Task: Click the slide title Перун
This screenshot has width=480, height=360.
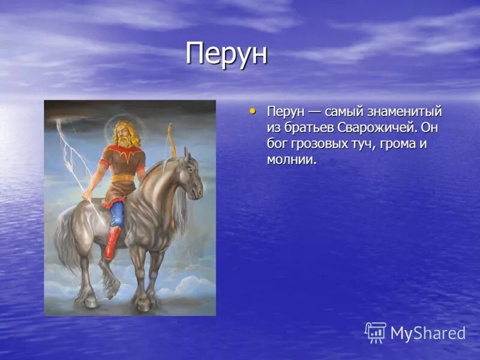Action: pyautogui.click(x=226, y=55)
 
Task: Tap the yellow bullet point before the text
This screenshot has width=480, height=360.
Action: pyautogui.click(x=252, y=111)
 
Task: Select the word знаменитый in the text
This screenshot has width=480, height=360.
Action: pyautogui.click(x=405, y=112)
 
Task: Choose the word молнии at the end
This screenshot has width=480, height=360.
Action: pyautogui.click(x=291, y=160)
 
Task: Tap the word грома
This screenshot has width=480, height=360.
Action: pyautogui.click(x=397, y=144)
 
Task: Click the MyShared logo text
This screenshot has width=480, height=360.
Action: pyautogui.click(x=428, y=334)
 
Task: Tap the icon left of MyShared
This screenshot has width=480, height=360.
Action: pyautogui.click(x=376, y=332)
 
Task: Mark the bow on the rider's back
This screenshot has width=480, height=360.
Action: pyautogui.click(x=170, y=141)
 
